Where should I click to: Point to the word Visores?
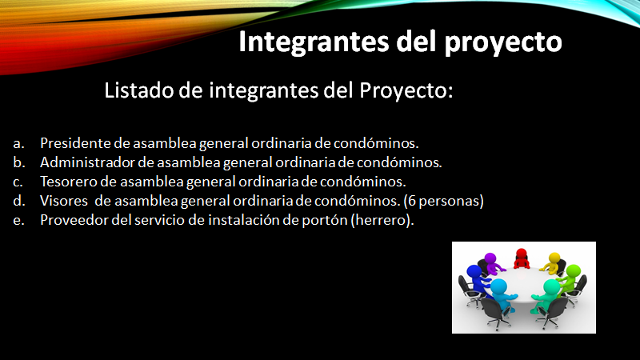point(64,201)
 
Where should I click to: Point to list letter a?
point(18,144)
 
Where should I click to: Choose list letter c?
point(18,182)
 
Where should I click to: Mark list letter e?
point(18,221)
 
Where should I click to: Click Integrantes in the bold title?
point(313,42)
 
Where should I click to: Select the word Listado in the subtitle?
point(138,90)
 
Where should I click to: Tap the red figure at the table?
point(522,258)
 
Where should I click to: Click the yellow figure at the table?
point(551,262)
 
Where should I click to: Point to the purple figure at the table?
point(491,264)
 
